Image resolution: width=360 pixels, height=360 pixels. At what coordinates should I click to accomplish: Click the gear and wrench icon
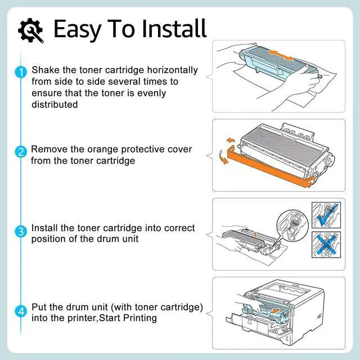click(x=31, y=30)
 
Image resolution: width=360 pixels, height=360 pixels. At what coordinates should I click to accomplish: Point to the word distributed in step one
click(x=55, y=104)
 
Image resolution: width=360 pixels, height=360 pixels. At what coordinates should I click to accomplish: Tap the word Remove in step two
click(x=47, y=150)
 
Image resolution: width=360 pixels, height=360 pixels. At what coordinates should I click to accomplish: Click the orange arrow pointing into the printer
click(x=275, y=309)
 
